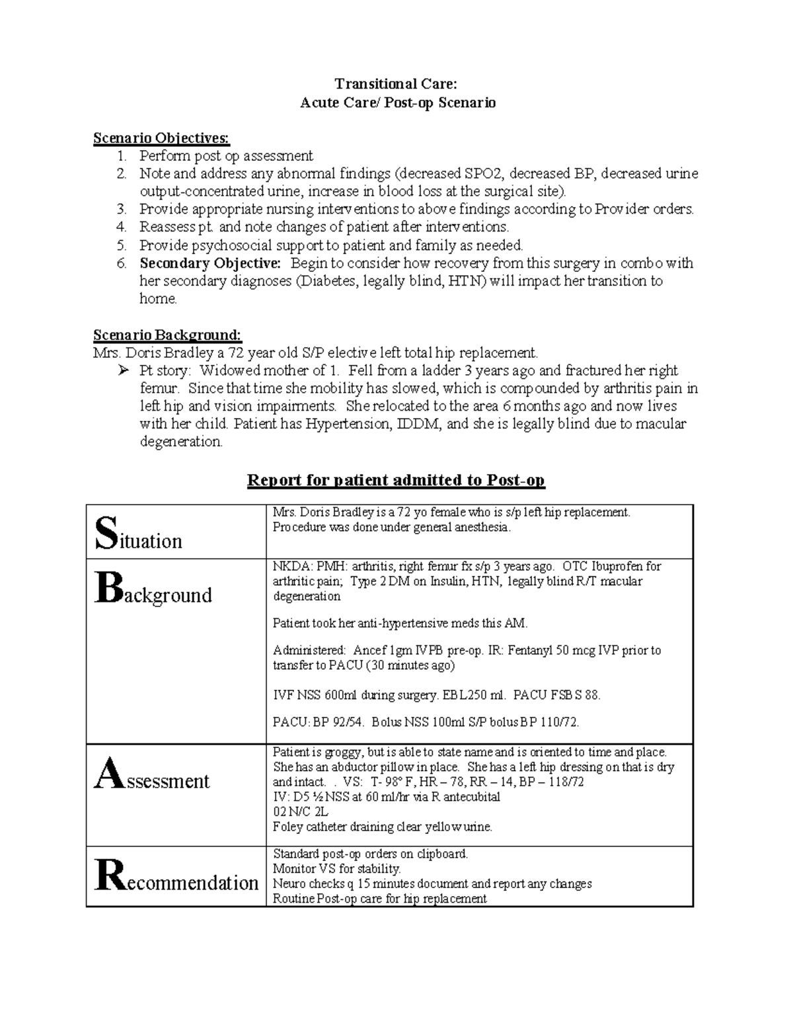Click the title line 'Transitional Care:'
point(395,83)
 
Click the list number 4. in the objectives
point(122,227)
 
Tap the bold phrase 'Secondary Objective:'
point(210,263)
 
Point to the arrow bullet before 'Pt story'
point(122,371)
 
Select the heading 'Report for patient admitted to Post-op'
point(396,480)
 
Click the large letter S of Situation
point(104,533)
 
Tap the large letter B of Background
point(108,588)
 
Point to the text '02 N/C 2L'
point(301,812)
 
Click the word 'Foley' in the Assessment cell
point(287,827)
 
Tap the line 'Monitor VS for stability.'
point(336,869)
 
